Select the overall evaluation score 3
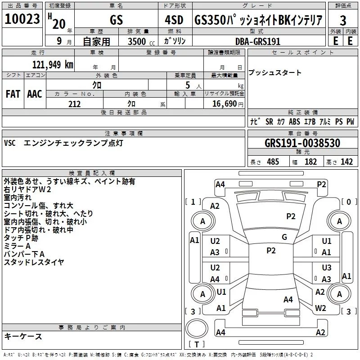pos(343,20)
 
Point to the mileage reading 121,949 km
pos(53,64)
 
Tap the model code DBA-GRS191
pos(257,41)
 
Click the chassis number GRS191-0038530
pos(302,143)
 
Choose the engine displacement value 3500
pos(137,41)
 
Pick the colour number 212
pos(74,104)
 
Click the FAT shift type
pos(13,94)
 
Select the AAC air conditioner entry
pos(35,94)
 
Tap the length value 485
pos(273,162)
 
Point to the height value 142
pos(346,162)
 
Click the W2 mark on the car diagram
pos(320,308)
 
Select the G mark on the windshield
pos(284,237)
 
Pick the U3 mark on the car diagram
pos(327,268)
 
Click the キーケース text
pos(23,336)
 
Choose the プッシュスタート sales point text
pos(275,73)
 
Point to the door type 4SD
pos(171,20)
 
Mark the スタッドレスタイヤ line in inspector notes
pos(34,262)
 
